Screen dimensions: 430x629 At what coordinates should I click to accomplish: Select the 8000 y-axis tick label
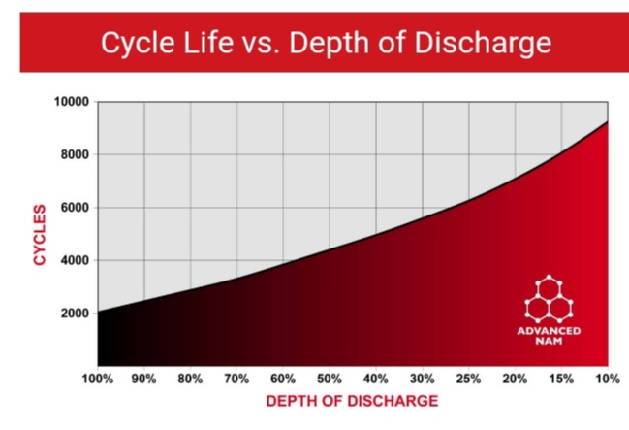(74, 155)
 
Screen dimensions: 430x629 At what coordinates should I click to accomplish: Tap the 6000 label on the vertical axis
(74, 208)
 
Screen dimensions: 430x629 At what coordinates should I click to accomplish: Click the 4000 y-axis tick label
(74, 260)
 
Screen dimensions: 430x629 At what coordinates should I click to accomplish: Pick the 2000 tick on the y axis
(74, 314)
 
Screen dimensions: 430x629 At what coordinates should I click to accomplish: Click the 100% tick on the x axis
(98, 378)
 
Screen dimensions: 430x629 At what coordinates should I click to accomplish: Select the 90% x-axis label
(144, 378)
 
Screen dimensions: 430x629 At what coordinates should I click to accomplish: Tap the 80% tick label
(191, 378)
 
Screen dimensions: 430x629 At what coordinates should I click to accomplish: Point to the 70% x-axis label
(237, 378)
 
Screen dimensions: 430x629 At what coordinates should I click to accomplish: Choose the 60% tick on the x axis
(284, 378)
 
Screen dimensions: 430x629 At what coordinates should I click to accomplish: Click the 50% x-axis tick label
(330, 378)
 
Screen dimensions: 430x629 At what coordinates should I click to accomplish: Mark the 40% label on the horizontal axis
(376, 378)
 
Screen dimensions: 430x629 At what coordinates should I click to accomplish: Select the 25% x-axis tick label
(469, 378)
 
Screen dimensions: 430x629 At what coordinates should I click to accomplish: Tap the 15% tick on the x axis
(562, 378)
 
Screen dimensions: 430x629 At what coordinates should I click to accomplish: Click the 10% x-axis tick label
(607, 378)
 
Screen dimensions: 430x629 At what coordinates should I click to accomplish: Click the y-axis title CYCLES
(39, 233)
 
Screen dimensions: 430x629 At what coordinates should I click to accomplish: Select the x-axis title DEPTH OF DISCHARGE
(353, 401)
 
